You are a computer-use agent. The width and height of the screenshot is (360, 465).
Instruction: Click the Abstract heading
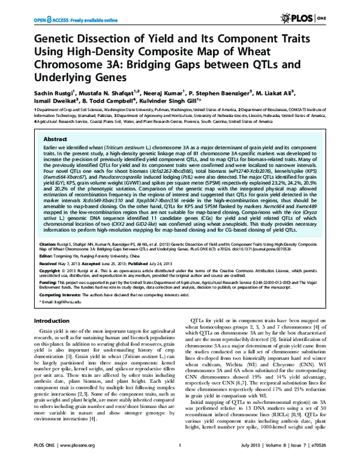[53, 138]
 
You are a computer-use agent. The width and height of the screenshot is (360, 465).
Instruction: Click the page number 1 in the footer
[179, 455]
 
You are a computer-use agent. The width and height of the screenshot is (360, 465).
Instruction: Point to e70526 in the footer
[340, 455]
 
